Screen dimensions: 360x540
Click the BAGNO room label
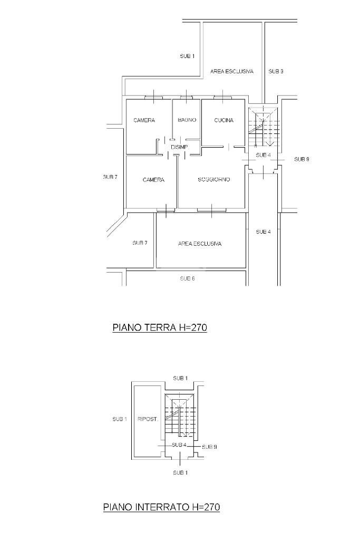187,120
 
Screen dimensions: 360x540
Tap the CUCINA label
223,120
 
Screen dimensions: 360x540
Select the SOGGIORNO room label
213,179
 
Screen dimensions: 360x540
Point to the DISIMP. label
180,147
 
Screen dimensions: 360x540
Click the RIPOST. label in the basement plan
148,419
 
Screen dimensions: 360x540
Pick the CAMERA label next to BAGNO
144,120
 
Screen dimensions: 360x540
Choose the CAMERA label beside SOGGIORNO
153,180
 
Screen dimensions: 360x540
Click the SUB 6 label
187,278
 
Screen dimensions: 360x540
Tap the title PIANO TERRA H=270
160,327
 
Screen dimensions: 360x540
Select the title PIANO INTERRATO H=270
161,507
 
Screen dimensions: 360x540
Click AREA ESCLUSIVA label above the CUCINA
231,71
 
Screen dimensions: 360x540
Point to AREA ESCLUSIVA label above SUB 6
200,244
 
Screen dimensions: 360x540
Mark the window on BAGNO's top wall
186,97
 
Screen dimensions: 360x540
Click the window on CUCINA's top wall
223,97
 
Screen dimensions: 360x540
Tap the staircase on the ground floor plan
263,128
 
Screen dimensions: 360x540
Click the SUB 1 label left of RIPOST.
120,419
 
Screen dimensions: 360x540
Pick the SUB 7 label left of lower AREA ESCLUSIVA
140,243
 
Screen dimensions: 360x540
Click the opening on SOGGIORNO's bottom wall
212,210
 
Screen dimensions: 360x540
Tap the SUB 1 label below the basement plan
180,472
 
